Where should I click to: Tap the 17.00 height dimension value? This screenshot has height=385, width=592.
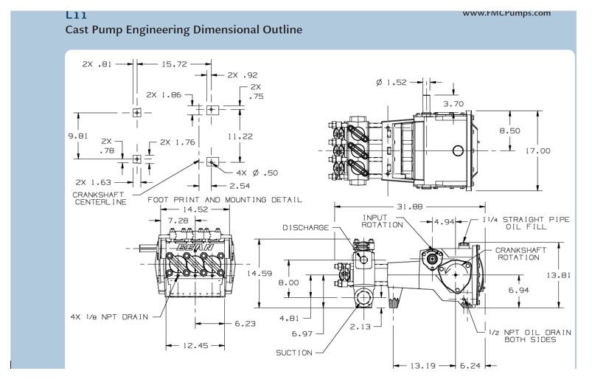[537, 150]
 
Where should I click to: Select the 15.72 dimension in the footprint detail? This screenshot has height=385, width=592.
[174, 64]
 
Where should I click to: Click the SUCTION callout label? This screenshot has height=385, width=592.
[294, 353]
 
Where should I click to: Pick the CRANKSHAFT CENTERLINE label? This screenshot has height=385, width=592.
[100, 198]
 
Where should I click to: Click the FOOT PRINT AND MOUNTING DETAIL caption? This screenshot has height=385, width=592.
[225, 199]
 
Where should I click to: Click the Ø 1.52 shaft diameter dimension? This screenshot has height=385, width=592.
[391, 82]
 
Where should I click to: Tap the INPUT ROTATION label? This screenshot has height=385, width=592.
[380, 221]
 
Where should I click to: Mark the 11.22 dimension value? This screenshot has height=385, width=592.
[240, 136]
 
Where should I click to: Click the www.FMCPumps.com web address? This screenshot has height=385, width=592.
[517, 12]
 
